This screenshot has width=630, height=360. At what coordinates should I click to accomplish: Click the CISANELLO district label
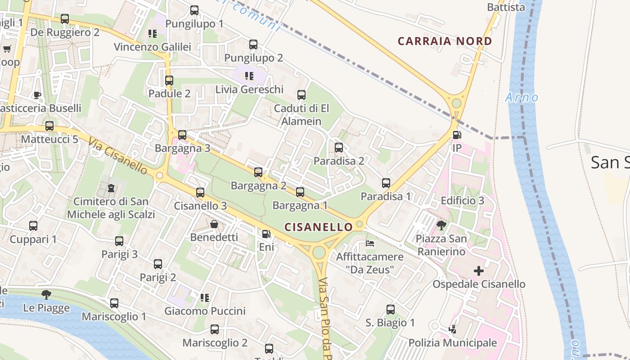pyautogui.click(x=319, y=227)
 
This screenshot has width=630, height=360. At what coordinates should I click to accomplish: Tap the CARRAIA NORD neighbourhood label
pyautogui.click(x=445, y=41)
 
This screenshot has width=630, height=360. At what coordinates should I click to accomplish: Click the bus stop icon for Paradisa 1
pyautogui.click(x=386, y=183)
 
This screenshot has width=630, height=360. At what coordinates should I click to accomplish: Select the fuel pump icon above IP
pyautogui.click(x=457, y=135)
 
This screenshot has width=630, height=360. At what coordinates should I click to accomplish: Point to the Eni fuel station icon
pyautogui.click(x=266, y=234)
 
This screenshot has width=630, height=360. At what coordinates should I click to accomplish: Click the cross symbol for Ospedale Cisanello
pyautogui.click(x=479, y=271)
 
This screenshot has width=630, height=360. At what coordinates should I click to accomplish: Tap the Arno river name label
pyautogui.click(x=522, y=97)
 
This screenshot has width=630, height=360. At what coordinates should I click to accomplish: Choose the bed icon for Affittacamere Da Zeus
pyautogui.click(x=369, y=244)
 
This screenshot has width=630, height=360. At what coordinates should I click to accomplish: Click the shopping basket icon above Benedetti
pyautogui.click(x=214, y=224)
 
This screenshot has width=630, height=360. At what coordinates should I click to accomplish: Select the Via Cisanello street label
pyautogui.click(x=118, y=156)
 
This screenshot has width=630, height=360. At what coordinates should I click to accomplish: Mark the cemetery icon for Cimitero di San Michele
pyautogui.click(x=111, y=188)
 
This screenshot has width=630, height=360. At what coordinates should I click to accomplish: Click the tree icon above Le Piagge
pyautogui.click(x=46, y=295)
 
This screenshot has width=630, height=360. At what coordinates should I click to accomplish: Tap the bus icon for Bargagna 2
pyautogui.click(x=258, y=172)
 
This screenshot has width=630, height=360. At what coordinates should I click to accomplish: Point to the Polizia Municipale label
pyautogui.click(x=452, y=343)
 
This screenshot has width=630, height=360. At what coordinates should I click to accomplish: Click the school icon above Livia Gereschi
pyautogui.click(x=249, y=76)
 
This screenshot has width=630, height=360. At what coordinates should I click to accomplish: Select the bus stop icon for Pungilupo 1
pyautogui.click(x=194, y=10)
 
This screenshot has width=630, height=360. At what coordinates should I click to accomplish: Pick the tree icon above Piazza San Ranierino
pyautogui.click(x=441, y=225)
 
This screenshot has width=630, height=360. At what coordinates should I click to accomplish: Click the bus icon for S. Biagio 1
pyautogui.click(x=390, y=310)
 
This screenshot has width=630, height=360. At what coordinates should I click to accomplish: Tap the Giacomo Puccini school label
pyautogui.click(x=205, y=311)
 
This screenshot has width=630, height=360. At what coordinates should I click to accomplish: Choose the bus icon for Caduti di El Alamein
pyautogui.click(x=301, y=95)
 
